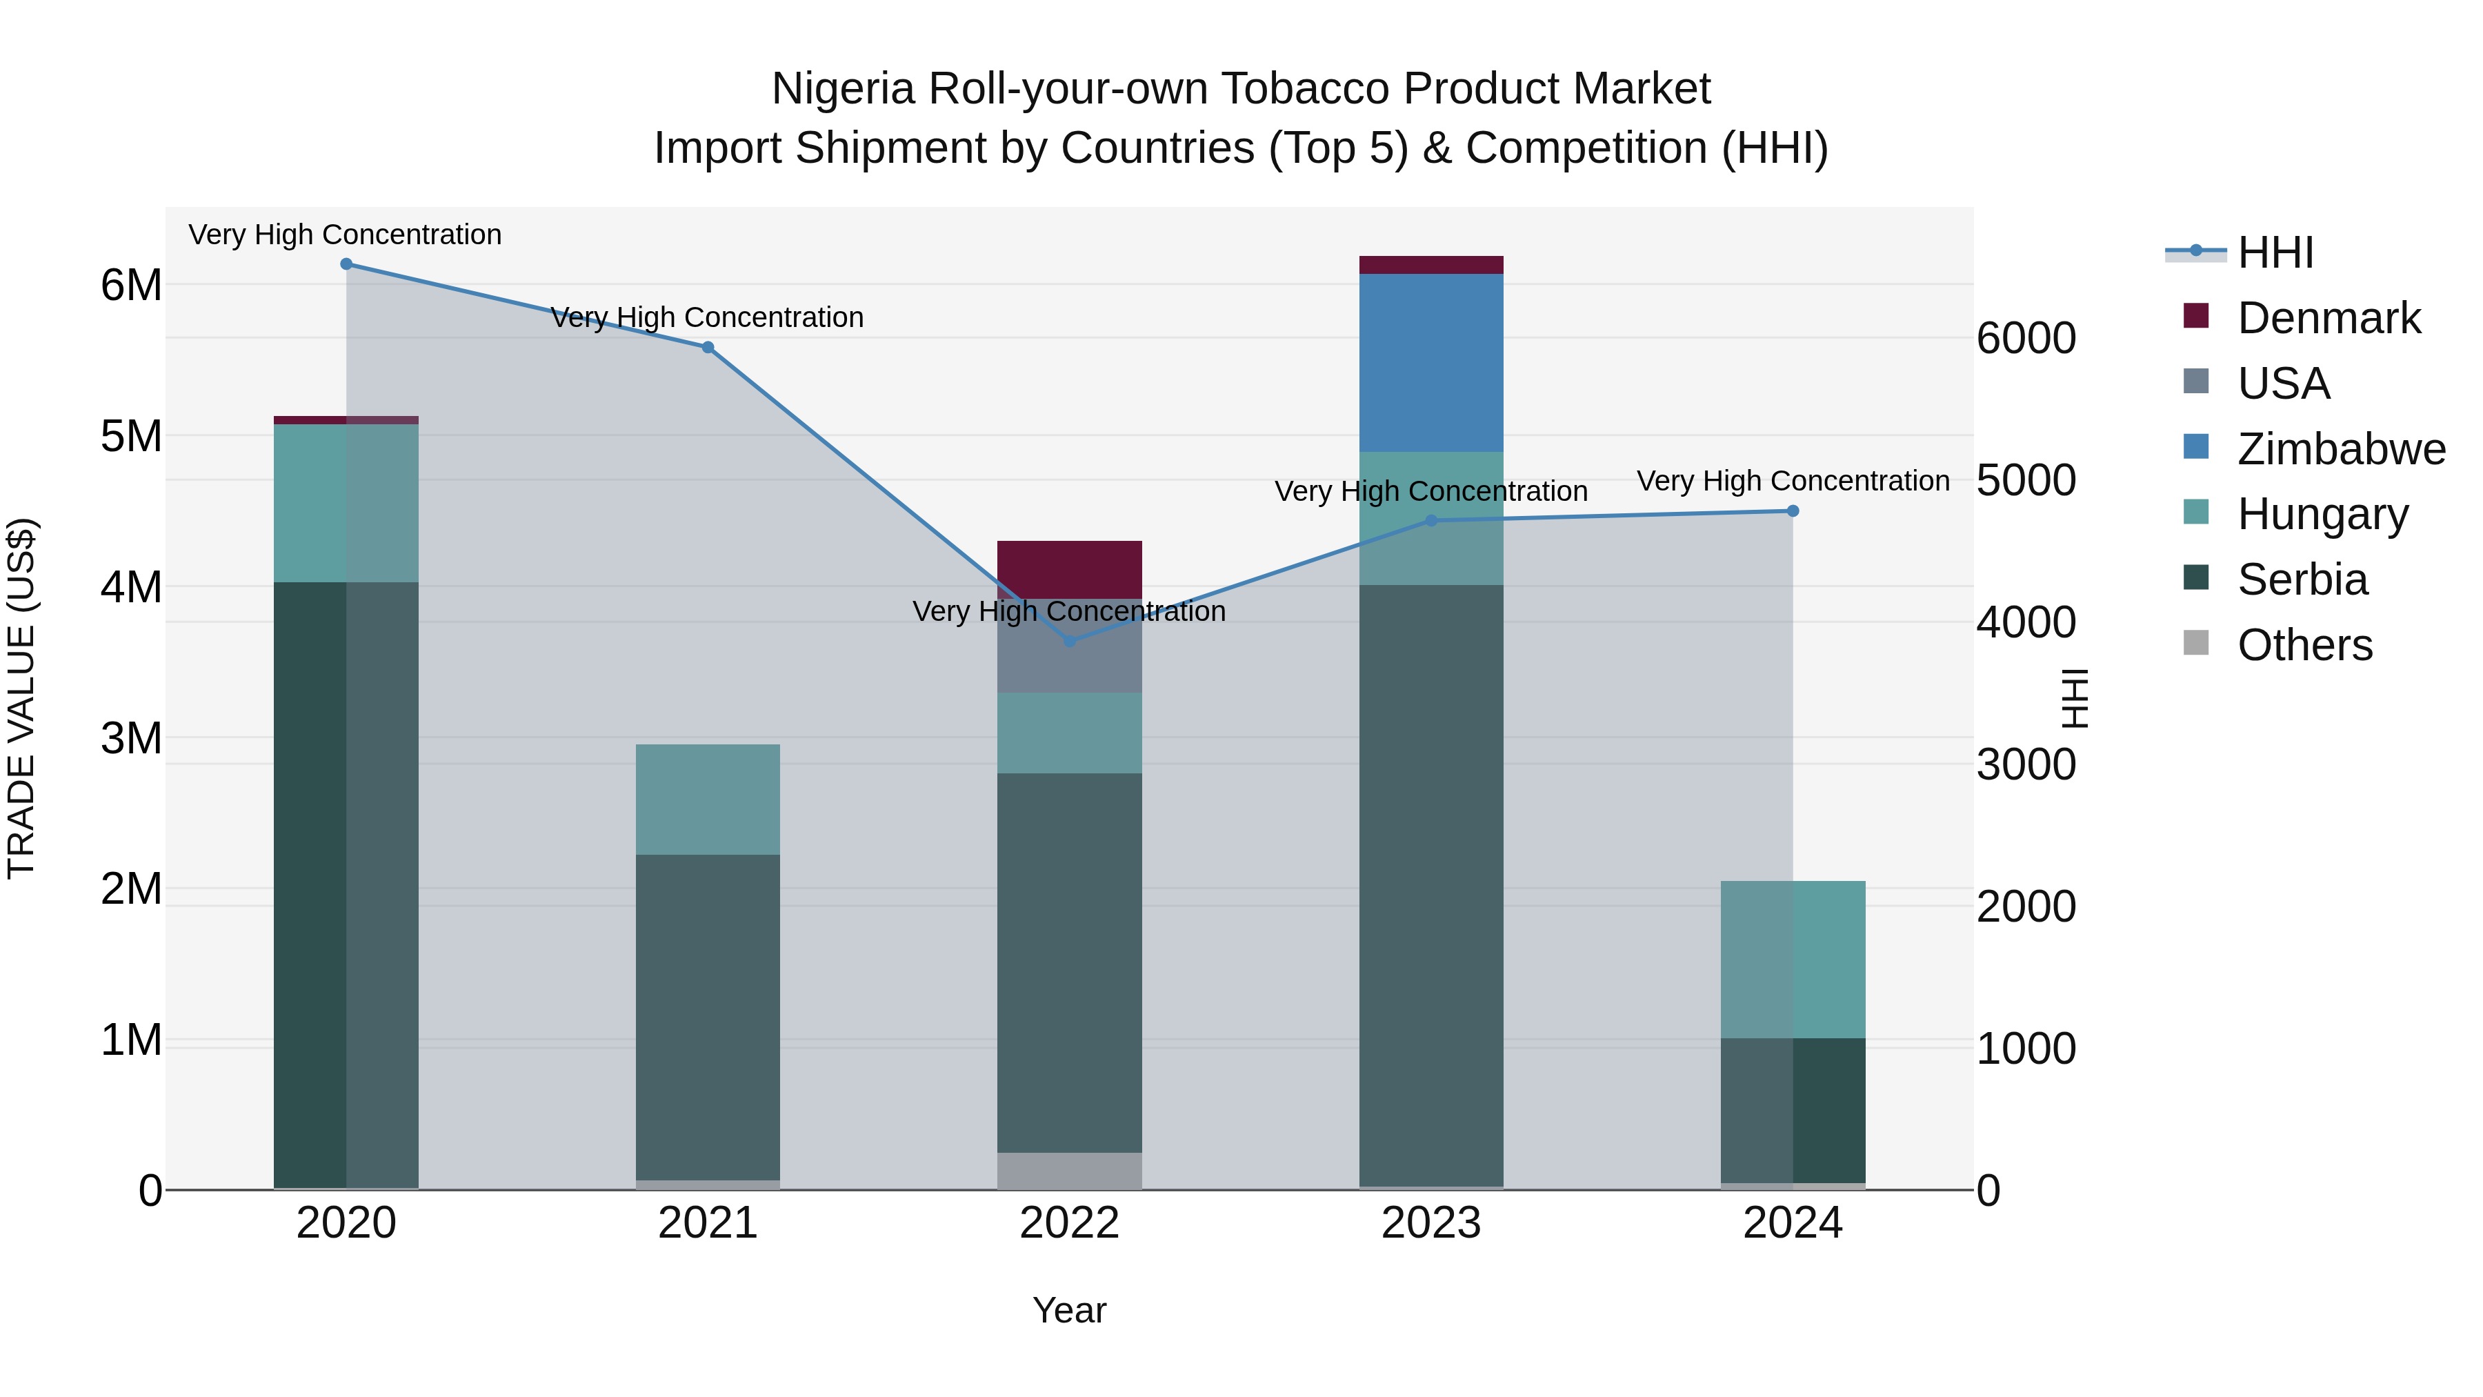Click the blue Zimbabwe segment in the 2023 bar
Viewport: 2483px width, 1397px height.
[x=1430, y=362]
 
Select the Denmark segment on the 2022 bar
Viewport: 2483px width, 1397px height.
[x=1069, y=569]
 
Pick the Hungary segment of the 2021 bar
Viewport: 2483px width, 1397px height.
[x=708, y=800]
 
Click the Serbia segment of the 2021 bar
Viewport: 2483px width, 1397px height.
[x=708, y=1016]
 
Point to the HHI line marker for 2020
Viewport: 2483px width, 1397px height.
[x=346, y=264]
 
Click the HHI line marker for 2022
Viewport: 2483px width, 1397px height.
[x=1069, y=641]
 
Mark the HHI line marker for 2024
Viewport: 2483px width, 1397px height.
[x=1793, y=511]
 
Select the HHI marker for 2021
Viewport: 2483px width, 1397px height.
[x=708, y=347]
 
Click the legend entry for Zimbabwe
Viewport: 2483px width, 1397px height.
[x=2340, y=449]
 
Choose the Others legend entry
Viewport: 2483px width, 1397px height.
[x=2304, y=645]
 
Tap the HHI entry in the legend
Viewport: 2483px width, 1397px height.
[x=2275, y=252]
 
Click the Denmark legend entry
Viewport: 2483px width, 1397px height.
[x=2328, y=318]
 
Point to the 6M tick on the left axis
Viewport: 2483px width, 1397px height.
[x=131, y=286]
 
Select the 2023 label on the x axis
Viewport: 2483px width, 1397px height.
[x=1430, y=1223]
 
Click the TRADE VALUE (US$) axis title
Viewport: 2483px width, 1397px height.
[x=21, y=698]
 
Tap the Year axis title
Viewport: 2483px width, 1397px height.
[x=1069, y=1310]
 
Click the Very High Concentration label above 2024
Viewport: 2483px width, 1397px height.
[x=1793, y=480]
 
